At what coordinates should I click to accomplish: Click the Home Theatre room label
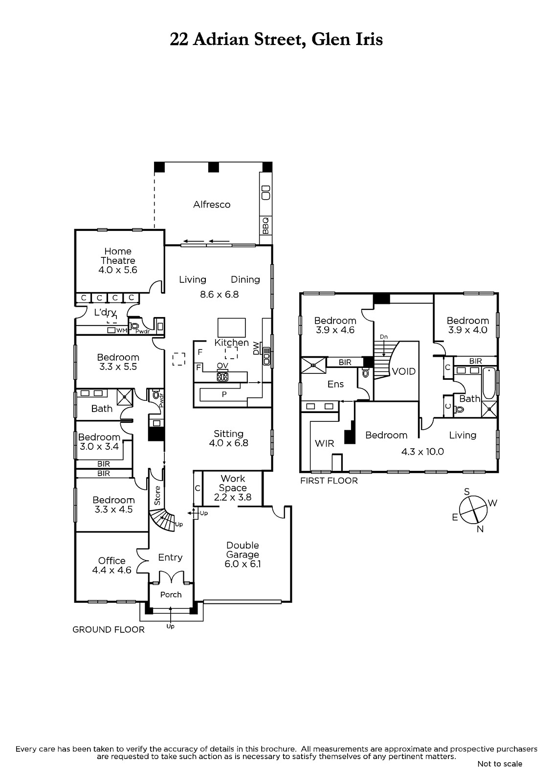(x=118, y=256)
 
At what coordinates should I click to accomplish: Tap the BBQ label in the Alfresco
(x=265, y=226)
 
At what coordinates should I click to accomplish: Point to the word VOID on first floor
(x=404, y=371)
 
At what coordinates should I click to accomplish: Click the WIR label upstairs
(x=325, y=443)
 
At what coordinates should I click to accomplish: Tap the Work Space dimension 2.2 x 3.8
(x=233, y=497)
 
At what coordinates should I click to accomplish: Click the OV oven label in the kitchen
(x=222, y=366)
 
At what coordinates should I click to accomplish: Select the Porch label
(x=171, y=595)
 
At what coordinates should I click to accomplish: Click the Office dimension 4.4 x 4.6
(x=112, y=570)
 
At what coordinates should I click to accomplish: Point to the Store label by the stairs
(x=157, y=495)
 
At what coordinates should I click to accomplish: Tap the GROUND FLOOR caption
(x=108, y=629)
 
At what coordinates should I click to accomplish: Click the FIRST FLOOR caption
(x=329, y=481)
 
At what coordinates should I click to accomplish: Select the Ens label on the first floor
(x=336, y=384)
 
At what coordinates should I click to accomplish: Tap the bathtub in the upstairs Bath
(x=489, y=383)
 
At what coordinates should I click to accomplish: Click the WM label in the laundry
(x=122, y=330)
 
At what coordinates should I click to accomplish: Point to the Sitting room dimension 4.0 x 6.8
(x=228, y=443)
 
